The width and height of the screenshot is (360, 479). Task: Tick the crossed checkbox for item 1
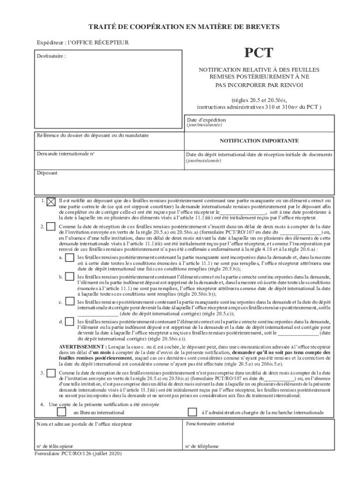51,202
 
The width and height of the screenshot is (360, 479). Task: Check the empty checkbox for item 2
51,227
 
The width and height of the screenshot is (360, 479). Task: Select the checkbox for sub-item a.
69,258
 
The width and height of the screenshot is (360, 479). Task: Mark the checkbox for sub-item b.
69,278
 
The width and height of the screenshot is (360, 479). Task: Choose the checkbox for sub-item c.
69,303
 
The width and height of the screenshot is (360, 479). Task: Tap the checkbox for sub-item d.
69,322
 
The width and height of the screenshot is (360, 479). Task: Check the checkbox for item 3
51,373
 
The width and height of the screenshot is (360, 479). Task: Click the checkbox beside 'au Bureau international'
61,412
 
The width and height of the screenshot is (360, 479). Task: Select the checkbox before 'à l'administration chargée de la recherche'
192,412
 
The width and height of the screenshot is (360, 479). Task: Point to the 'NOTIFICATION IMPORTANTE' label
259,140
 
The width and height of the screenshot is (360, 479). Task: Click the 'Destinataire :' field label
51,56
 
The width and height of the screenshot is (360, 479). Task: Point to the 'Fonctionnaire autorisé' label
210,423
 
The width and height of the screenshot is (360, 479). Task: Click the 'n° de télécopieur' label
55,446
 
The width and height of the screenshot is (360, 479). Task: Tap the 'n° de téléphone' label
202,446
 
